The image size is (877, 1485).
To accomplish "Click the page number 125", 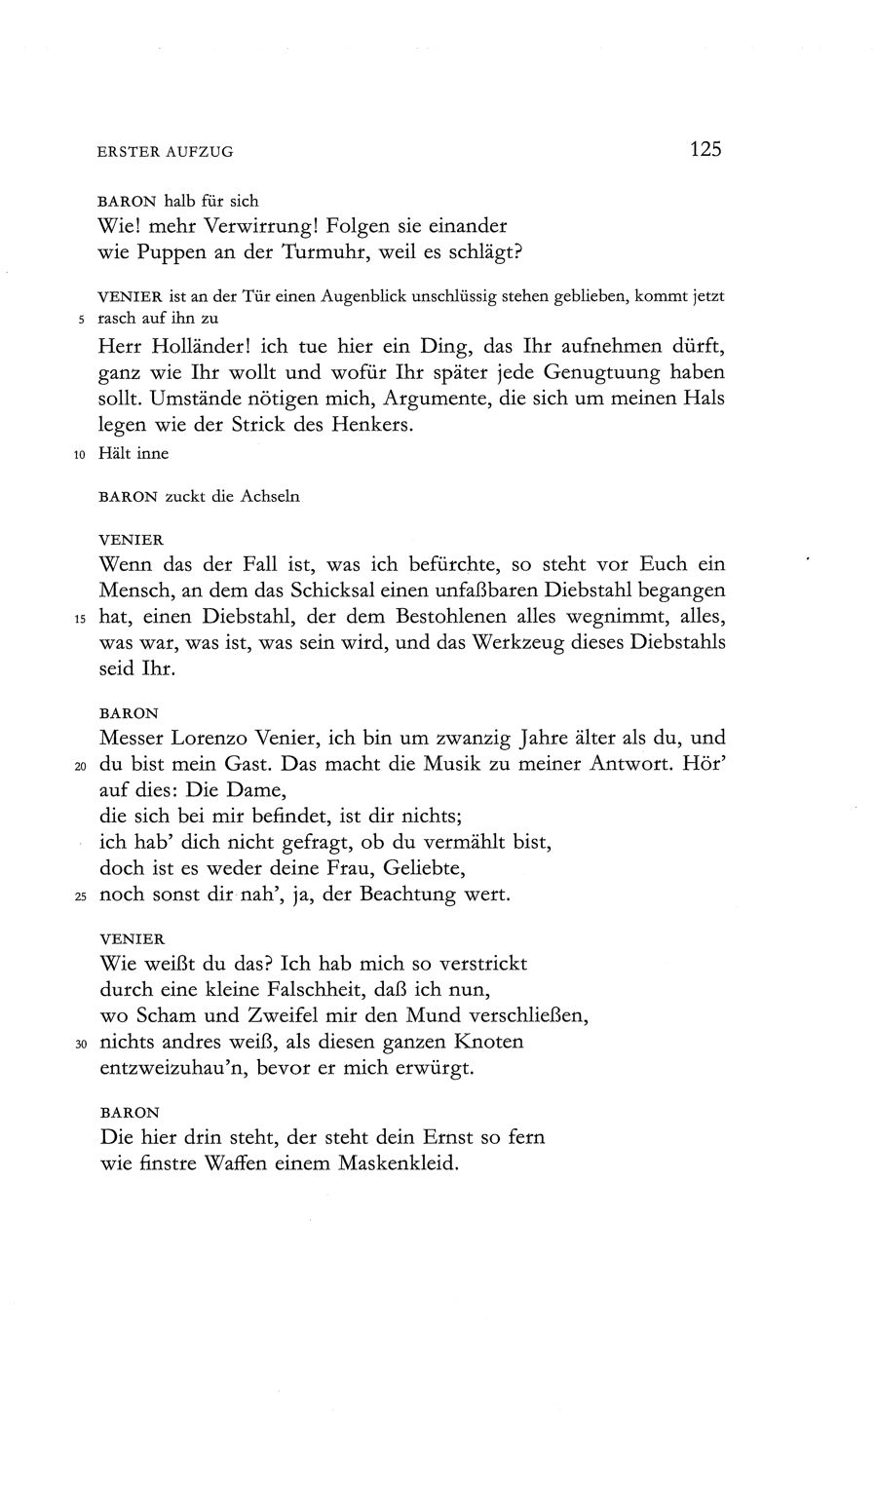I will tap(705, 149).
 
